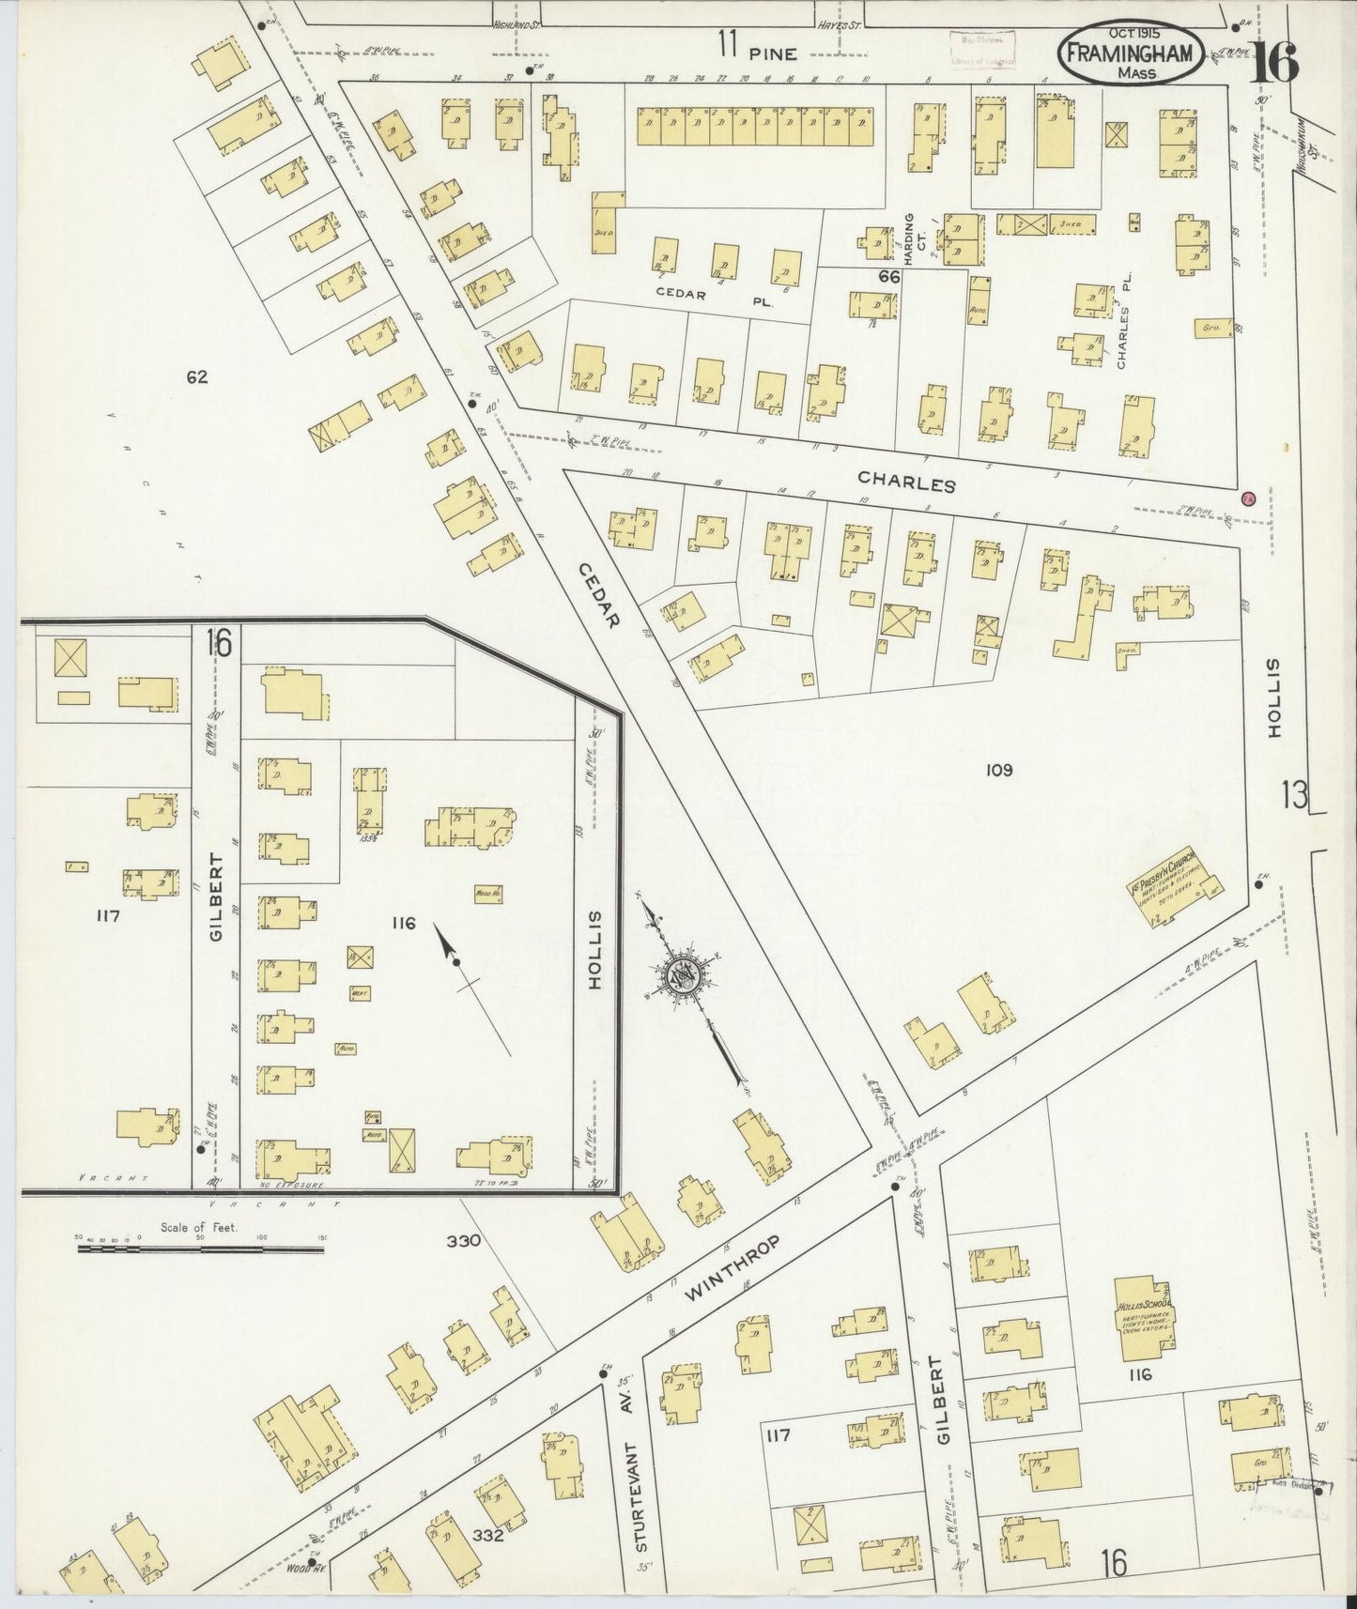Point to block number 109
998,771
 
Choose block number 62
196,377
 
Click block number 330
463,1240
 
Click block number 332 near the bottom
489,1536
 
